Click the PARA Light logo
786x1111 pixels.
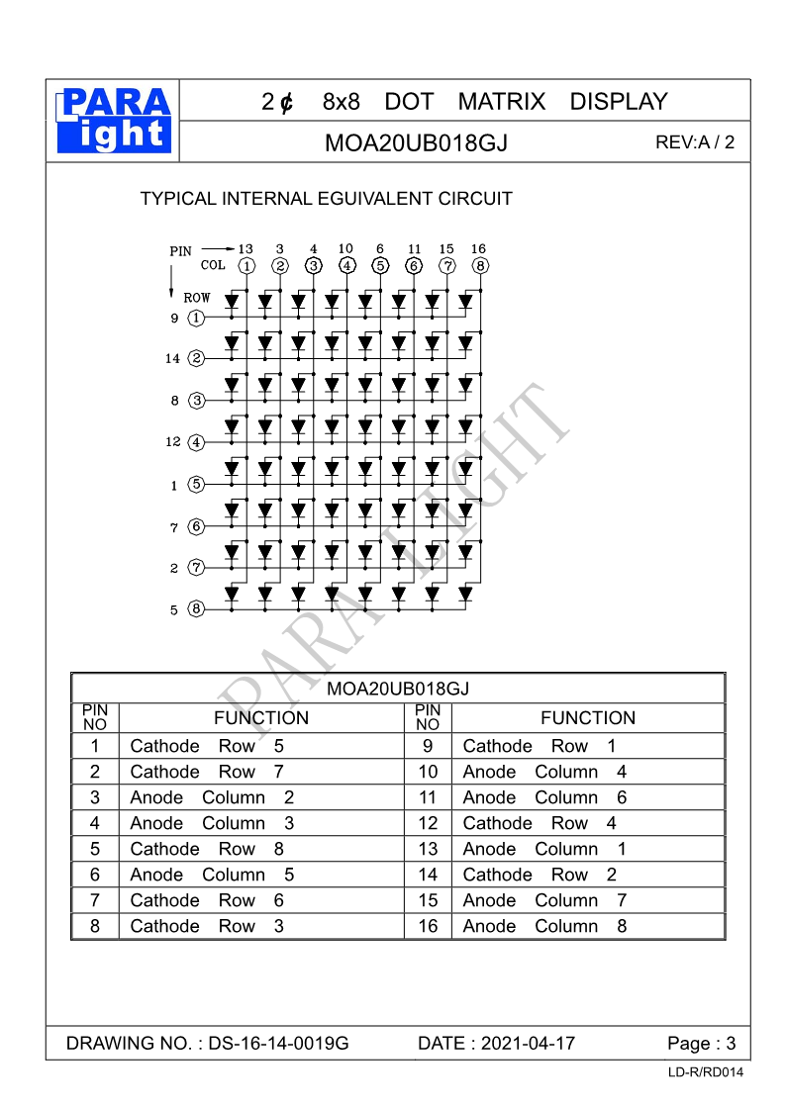pyautogui.click(x=114, y=121)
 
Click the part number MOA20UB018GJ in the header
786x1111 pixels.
pyautogui.click(x=416, y=142)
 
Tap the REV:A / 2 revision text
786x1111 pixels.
pyautogui.click(x=695, y=141)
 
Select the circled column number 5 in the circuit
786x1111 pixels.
pyautogui.click(x=380, y=265)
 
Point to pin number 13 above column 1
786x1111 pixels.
pyautogui.click(x=246, y=249)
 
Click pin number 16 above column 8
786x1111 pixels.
pyautogui.click(x=479, y=249)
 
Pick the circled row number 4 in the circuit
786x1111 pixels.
pyautogui.click(x=196, y=442)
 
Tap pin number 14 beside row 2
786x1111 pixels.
pyautogui.click(x=173, y=359)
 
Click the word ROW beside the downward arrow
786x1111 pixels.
pyautogui.click(x=197, y=297)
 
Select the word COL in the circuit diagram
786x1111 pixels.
pyautogui.click(x=213, y=265)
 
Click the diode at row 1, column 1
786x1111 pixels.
pyautogui.click(x=232, y=300)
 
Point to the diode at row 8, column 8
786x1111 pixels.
pyautogui.click(x=465, y=594)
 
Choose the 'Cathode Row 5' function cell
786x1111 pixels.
pyautogui.click(x=207, y=746)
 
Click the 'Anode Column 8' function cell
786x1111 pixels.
pyautogui.click(x=544, y=926)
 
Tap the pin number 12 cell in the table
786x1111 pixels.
pyautogui.click(x=428, y=823)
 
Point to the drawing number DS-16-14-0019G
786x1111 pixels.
pyautogui.click(x=279, y=1044)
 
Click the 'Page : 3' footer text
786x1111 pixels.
pyautogui.click(x=702, y=1044)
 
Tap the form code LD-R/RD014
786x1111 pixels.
pyautogui.click(x=705, y=1072)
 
